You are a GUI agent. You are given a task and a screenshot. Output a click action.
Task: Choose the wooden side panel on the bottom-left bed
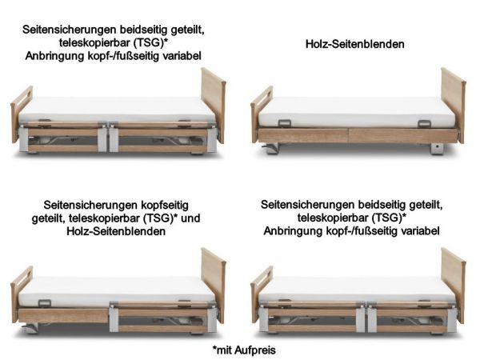68,315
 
